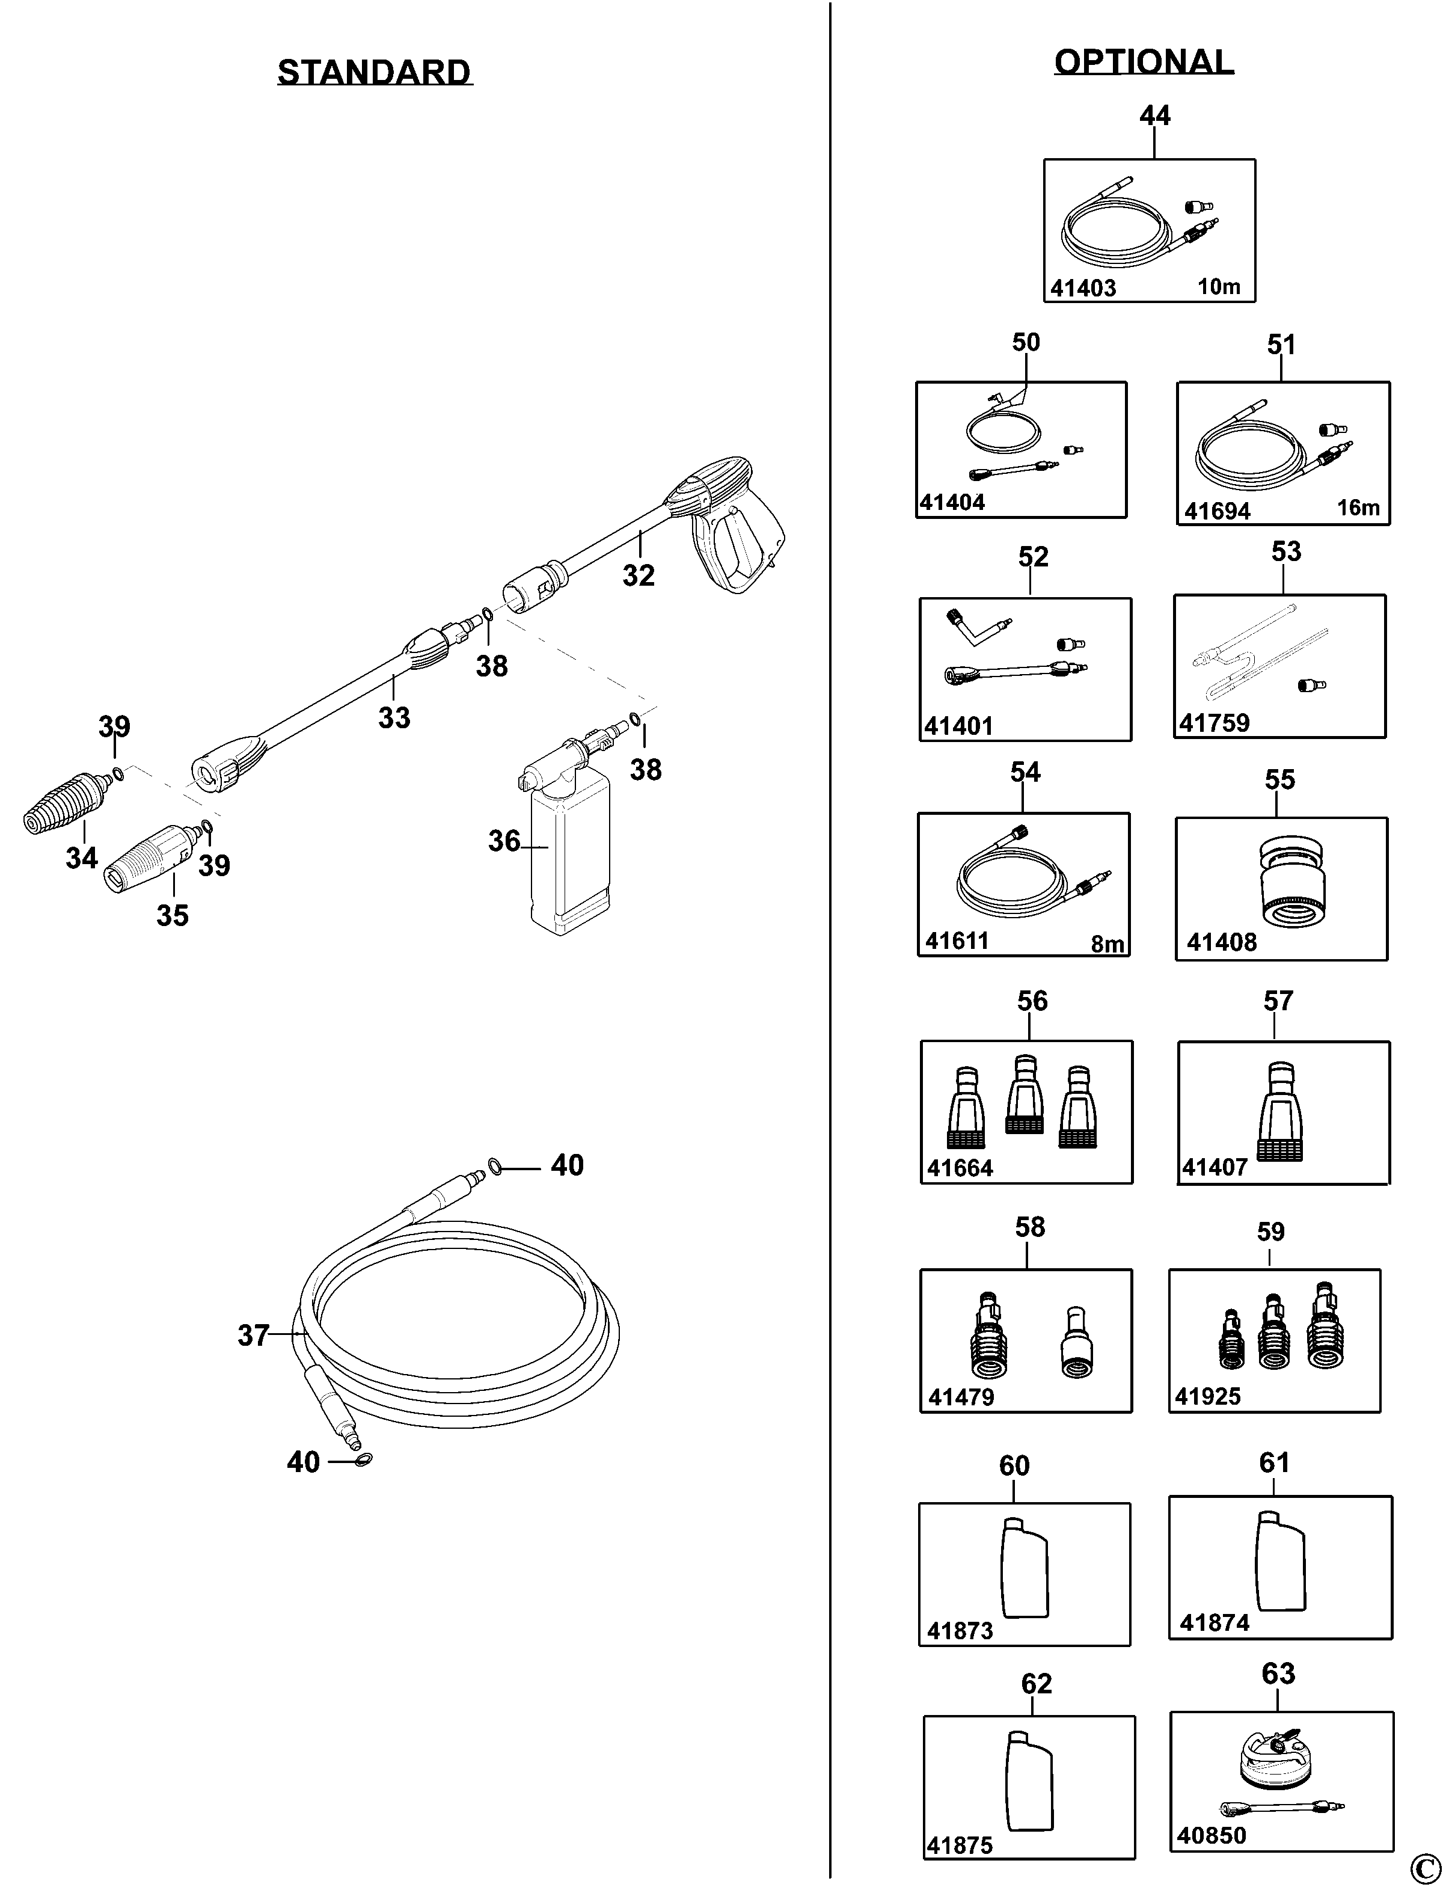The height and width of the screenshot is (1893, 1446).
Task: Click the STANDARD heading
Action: point(375,72)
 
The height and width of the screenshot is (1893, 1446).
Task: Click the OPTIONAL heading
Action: point(1144,62)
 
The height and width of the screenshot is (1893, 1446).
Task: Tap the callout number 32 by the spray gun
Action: point(639,575)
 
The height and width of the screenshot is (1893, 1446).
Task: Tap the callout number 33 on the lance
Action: point(394,717)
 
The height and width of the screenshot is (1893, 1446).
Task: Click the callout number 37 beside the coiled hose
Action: point(253,1335)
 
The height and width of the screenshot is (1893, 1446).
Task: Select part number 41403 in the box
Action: point(1083,289)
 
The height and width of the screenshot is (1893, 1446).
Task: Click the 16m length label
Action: point(1358,508)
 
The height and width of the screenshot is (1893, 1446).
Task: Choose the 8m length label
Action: point(1107,944)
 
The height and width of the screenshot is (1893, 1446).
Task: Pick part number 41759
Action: point(1213,723)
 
